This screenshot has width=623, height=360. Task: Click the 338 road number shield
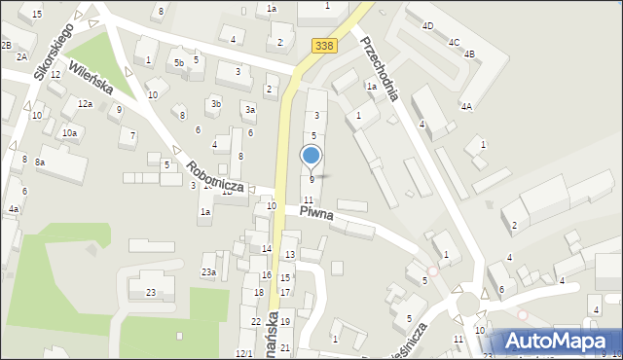click(x=324, y=46)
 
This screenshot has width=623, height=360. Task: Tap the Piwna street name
click(x=316, y=212)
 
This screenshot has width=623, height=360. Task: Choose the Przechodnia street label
click(x=381, y=69)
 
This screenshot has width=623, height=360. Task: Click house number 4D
click(x=427, y=26)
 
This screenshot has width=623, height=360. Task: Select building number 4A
click(x=466, y=106)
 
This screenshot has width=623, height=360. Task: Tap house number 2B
click(x=6, y=46)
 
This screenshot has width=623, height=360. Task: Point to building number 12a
click(x=85, y=104)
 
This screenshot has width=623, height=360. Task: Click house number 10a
click(x=69, y=132)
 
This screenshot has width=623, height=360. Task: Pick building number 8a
click(x=40, y=162)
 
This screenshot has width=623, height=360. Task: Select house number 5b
click(x=178, y=63)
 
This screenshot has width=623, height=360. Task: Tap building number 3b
click(x=216, y=104)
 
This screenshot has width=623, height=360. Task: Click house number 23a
click(x=208, y=271)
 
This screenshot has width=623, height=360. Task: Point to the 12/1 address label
click(x=243, y=353)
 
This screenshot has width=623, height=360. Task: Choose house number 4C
click(x=454, y=43)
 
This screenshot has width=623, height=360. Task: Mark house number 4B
click(x=469, y=54)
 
